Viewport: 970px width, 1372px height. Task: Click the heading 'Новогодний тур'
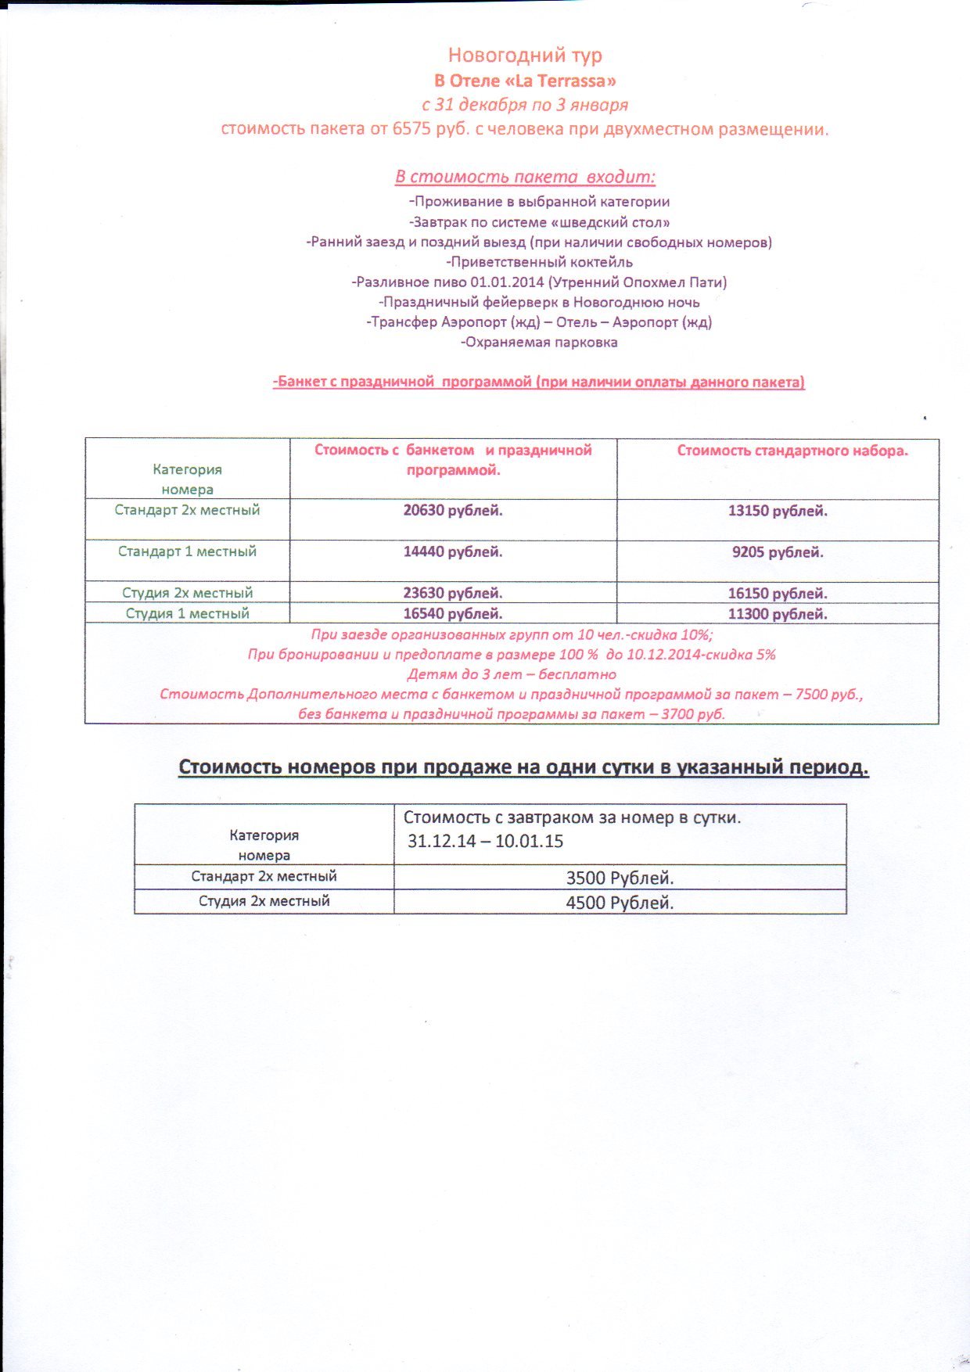pos(525,56)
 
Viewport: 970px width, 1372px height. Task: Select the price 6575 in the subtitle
pos(411,129)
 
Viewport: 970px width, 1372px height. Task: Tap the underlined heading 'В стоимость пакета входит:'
pos(525,177)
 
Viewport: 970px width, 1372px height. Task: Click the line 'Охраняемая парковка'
pos(539,343)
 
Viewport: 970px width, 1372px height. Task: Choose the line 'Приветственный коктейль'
pos(539,262)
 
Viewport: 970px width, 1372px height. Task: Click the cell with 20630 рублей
pos(453,511)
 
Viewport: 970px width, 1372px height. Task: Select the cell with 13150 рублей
pos(778,512)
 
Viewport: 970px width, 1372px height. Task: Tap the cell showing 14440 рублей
pos(453,552)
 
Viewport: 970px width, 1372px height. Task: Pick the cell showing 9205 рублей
pos(778,553)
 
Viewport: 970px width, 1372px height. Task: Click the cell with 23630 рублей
pos(453,594)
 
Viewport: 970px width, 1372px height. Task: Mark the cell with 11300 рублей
pos(778,614)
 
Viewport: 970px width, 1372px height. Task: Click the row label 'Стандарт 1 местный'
pos(187,551)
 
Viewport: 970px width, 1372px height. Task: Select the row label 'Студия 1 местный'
pos(187,613)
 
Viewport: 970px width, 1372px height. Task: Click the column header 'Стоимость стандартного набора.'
pos(792,451)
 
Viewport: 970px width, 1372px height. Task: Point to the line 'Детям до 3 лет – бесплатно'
pos(512,674)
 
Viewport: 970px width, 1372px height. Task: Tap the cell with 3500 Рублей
pos(620,878)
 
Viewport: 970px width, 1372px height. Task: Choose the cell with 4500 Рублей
pos(620,903)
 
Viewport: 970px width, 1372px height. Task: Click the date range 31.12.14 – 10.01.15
pos(485,842)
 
